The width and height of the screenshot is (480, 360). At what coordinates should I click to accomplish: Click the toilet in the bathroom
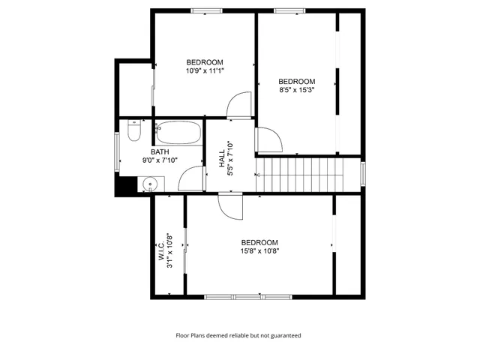(x=133, y=133)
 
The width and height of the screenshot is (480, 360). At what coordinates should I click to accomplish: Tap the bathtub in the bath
(x=178, y=133)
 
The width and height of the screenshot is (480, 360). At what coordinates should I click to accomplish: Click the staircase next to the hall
(x=300, y=174)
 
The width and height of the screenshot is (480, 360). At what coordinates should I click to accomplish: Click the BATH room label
(x=160, y=152)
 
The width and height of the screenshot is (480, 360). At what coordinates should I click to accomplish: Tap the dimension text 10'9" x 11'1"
(x=205, y=70)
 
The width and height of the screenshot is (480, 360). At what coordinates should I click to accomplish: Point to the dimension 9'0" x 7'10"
(x=160, y=160)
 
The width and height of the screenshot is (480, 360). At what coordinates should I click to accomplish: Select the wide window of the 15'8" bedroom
(x=234, y=297)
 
